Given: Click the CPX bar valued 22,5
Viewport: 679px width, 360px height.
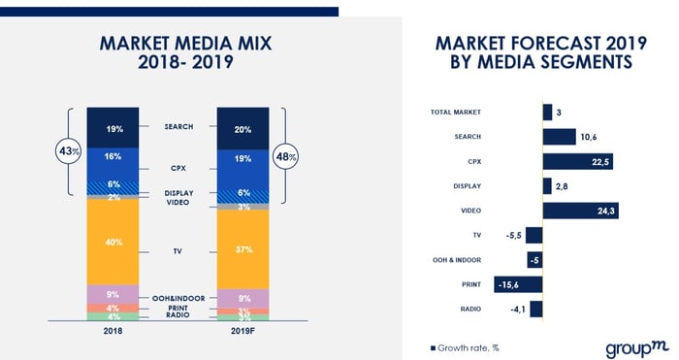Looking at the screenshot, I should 577,161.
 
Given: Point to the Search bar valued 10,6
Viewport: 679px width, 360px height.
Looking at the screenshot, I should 559,137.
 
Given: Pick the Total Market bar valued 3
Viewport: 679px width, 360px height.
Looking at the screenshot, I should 547,113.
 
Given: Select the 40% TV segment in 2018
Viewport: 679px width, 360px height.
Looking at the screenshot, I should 113,242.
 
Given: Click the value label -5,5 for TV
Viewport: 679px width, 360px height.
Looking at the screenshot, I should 513,236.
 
